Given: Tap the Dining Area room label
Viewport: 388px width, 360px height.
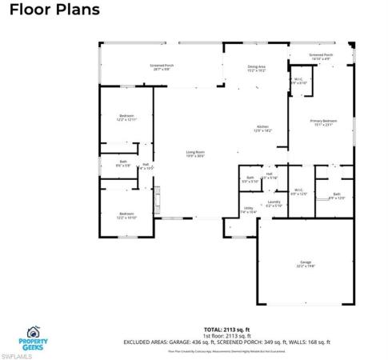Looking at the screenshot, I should coord(255,69).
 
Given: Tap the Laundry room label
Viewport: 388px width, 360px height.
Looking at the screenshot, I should coord(274,203).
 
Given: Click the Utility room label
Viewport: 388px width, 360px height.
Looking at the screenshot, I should coord(249,210).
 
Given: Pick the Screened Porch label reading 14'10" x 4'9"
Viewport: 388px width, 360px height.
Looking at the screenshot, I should coord(322,57).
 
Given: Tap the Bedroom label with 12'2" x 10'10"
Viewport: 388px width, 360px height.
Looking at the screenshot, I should coord(126,215).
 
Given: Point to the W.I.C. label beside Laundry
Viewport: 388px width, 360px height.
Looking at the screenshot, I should coord(298,191).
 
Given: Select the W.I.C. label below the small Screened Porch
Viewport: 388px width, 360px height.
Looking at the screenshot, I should coord(297,81).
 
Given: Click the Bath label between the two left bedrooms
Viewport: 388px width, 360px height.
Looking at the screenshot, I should coord(123,164).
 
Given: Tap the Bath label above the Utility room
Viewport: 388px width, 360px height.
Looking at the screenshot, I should coord(250,179).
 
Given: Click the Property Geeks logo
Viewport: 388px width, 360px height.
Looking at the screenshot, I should coord(33,334).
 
